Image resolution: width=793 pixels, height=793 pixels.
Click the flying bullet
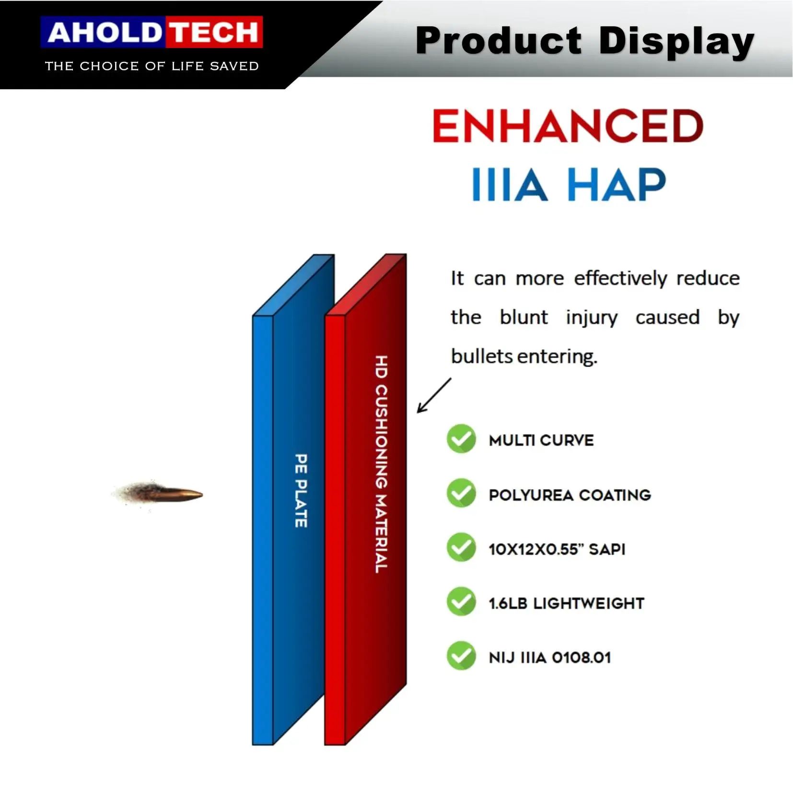click(x=158, y=495)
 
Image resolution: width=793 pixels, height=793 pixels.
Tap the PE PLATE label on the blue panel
click(x=301, y=491)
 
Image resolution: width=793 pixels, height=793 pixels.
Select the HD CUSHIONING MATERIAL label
click(x=381, y=464)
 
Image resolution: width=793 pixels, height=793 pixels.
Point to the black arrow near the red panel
click(x=434, y=395)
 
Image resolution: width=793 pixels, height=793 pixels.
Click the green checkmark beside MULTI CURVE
click(x=461, y=438)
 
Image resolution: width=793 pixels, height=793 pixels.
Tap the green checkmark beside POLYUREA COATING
click(x=461, y=493)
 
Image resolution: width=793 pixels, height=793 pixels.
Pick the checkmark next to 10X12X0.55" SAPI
click(x=461, y=547)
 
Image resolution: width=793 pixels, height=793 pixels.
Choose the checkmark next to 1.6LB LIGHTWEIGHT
click(x=461, y=602)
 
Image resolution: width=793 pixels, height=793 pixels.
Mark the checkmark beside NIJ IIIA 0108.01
click(x=461, y=656)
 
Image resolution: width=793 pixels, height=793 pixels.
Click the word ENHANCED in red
click(x=568, y=126)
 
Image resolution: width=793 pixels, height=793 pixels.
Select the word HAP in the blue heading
click(x=617, y=184)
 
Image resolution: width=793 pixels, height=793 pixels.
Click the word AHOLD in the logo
click(x=104, y=33)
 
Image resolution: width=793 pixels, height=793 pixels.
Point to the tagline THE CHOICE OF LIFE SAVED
click(x=152, y=66)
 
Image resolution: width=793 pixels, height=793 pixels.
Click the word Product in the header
click(x=499, y=41)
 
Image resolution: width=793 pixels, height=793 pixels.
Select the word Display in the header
click(x=676, y=42)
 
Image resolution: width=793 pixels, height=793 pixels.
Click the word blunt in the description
click(x=524, y=317)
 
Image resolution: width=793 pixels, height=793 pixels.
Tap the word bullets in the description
click(x=482, y=356)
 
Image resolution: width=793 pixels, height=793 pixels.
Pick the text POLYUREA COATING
click(x=570, y=495)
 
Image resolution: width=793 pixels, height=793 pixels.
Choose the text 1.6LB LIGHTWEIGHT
click(x=566, y=604)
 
